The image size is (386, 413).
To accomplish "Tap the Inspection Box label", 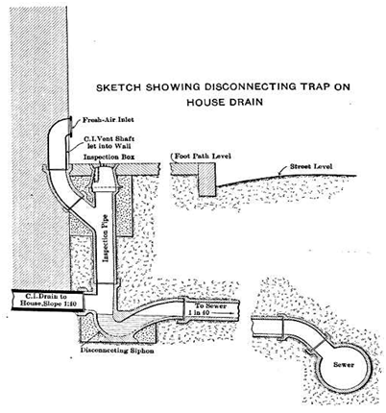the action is [x=109, y=157].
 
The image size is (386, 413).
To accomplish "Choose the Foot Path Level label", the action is [x=202, y=157].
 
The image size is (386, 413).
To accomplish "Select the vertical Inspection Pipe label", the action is [x=105, y=238].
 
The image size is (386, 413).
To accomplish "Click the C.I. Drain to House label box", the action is [x=48, y=300].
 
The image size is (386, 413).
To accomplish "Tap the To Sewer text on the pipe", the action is [x=207, y=306].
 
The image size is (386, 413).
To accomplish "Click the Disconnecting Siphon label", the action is [x=117, y=351].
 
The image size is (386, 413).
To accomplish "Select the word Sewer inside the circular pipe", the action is [x=344, y=365].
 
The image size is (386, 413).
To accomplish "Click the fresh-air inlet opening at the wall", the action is [x=69, y=127].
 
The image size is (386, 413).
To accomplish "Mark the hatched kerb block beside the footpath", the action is [x=206, y=180].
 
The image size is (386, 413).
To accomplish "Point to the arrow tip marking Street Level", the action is [x=279, y=175].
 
